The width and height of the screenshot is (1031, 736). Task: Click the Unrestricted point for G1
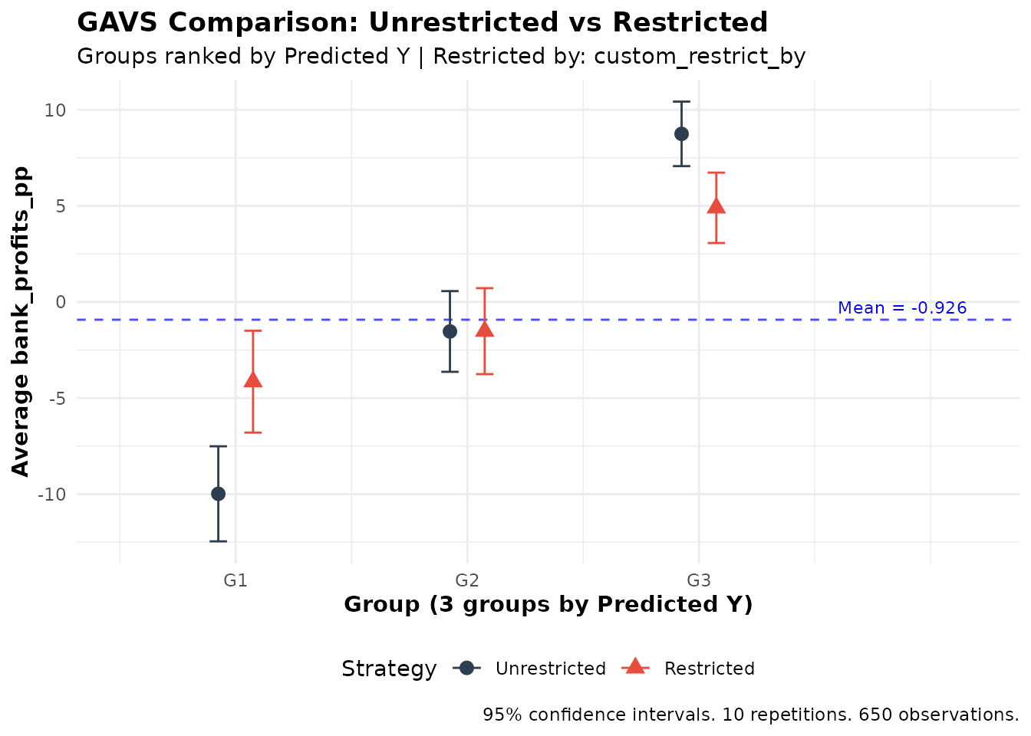[218, 494]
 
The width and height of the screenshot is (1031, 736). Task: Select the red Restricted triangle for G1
[252, 379]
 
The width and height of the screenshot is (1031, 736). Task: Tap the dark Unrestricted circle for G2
[450, 331]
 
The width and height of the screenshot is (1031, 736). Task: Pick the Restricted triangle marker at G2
[484, 330]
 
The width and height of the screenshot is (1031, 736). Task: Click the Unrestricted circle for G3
[681, 133]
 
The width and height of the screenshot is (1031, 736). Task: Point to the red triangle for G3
[716, 205]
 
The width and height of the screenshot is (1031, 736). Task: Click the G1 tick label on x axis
[235, 580]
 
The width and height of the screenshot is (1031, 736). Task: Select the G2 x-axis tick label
[466, 580]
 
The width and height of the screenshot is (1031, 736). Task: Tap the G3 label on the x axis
[698, 580]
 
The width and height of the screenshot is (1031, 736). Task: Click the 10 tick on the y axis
[55, 110]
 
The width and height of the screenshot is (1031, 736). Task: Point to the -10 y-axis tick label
[52, 495]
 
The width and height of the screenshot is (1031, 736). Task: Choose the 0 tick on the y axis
[61, 302]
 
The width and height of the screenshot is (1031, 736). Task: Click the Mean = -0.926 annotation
[902, 308]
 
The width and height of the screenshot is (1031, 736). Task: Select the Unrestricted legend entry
[550, 669]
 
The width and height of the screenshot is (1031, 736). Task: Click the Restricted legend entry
[709, 669]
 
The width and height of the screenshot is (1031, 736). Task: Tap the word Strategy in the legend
[389, 669]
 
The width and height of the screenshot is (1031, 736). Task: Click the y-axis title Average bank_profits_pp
[21, 321]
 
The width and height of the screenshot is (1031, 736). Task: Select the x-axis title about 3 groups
[548, 605]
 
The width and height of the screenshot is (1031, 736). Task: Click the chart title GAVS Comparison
[422, 23]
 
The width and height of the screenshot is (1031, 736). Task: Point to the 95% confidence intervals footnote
[750, 715]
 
